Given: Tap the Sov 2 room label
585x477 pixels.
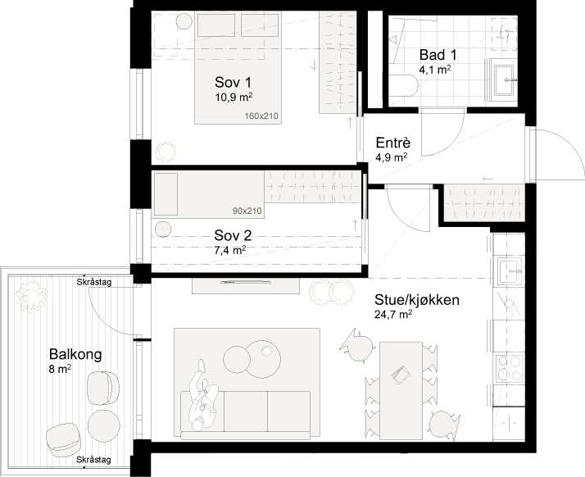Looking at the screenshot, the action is (233, 235).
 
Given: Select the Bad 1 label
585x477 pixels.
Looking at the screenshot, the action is (438, 55).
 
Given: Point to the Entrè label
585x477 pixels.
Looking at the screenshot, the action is (393, 143).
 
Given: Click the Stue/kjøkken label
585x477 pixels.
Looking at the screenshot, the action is (417, 300).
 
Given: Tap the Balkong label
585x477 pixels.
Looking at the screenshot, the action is (75, 354).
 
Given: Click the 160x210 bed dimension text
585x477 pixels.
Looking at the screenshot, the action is (261, 116).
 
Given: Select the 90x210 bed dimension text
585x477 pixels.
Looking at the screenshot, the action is (247, 211).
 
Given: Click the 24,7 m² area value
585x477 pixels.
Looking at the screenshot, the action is (393, 315).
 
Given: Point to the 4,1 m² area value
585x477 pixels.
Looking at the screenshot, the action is (435, 70).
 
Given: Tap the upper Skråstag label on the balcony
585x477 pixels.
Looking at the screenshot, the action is (94, 283).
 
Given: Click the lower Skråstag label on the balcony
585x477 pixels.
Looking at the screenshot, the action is (93, 460).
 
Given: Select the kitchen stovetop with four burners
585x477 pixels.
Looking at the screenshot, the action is (510, 368).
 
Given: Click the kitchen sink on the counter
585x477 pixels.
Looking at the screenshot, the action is (510, 270).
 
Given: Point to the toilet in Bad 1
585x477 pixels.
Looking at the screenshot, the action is (403, 86).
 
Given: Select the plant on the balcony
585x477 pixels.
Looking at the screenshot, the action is (31, 297).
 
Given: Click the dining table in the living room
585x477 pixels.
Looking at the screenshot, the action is (401, 390).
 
